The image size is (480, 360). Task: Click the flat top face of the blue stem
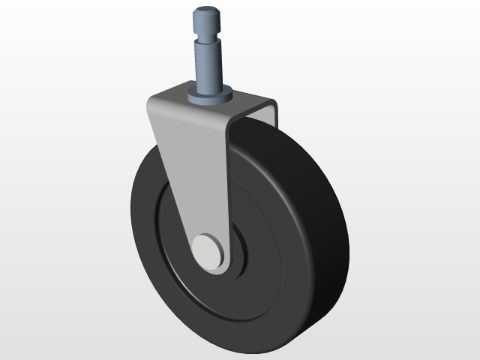tap(208, 10)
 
